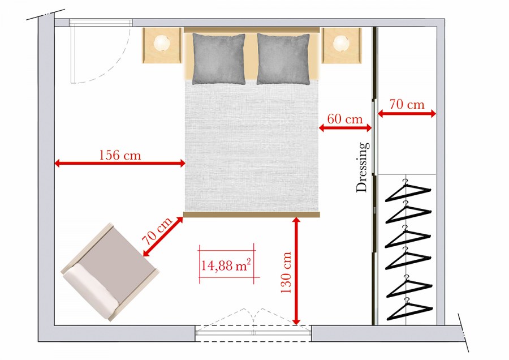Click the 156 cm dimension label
click(x=120, y=155)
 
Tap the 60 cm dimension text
click(x=345, y=119)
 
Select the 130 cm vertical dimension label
click(x=286, y=272)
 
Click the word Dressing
click(x=363, y=167)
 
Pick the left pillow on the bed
click(x=219, y=59)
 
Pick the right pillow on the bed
click(x=283, y=59)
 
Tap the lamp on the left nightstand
click(x=162, y=43)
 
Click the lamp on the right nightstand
click(x=341, y=43)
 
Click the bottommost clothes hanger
click(x=409, y=309)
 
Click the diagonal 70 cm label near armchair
click(x=157, y=231)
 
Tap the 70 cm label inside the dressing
click(x=407, y=105)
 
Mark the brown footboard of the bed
click(x=252, y=215)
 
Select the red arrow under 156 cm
click(x=120, y=163)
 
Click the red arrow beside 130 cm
click(x=296, y=271)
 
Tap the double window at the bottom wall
click(x=253, y=332)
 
